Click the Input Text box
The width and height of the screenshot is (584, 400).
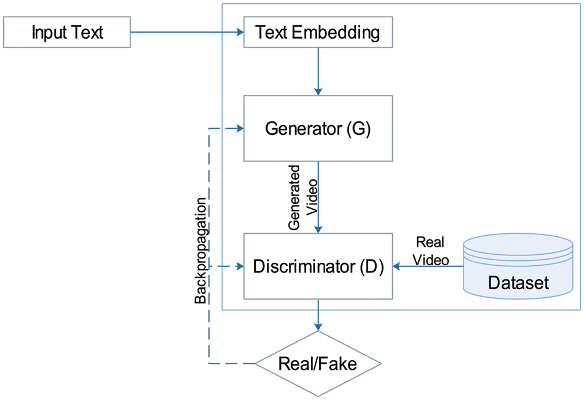click(x=67, y=32)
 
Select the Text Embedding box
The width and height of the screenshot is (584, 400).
click(x=318, y=32)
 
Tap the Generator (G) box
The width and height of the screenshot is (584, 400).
click(x=318, y=129)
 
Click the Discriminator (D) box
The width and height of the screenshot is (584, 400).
click(x=318, y=267)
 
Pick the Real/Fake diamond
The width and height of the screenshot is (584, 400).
click(x=318, y=363)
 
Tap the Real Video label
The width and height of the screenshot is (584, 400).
click(x=430, y=250)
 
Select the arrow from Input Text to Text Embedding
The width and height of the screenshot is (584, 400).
click(x=184, y=32)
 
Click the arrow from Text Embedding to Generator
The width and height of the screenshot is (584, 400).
click(x=318, y=71)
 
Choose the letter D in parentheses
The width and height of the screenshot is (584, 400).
click(x=371, y=267)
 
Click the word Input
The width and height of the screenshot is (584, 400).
click(x=47, y=32)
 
